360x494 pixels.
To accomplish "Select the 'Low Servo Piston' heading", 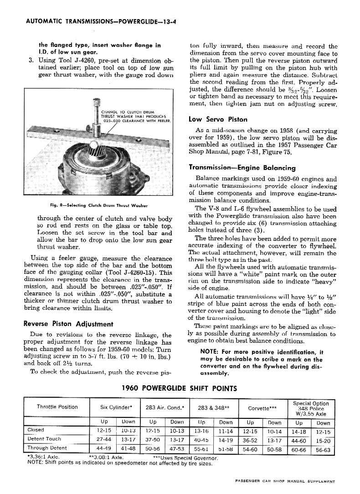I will pyautogui.click(x=218, y=119).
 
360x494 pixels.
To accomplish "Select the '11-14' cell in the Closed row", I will pyautogui.click(x=226, y=430).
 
